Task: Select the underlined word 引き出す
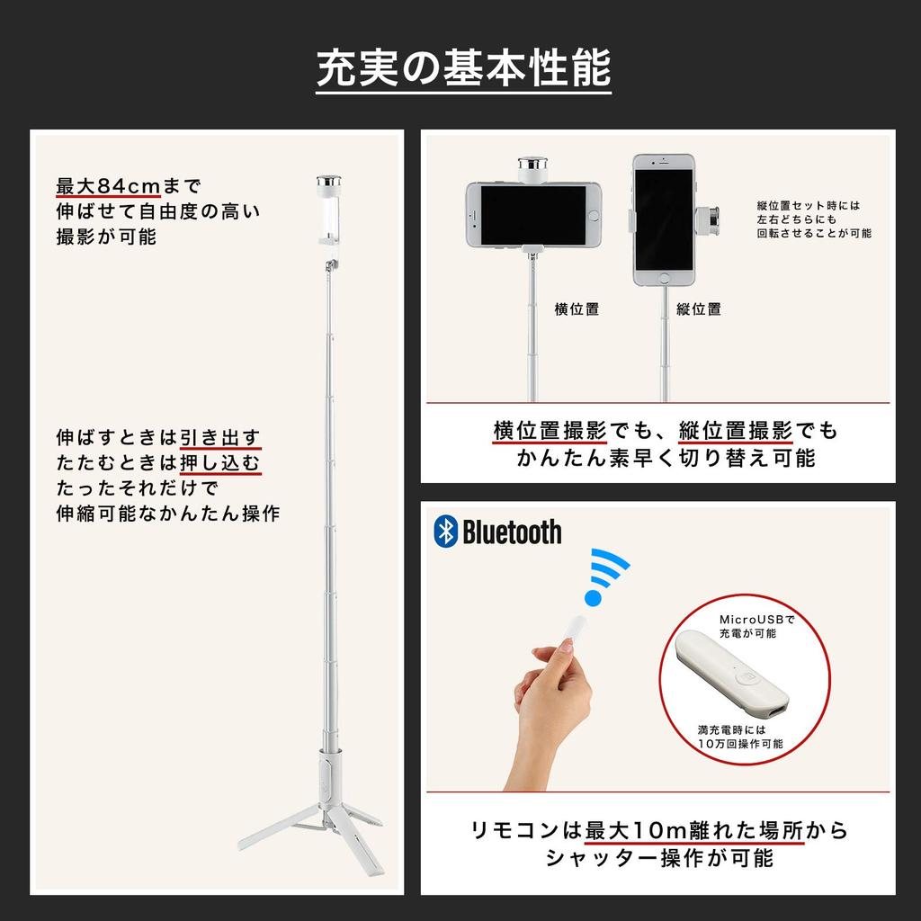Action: [x=220, y=438]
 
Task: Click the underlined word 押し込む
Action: [x=220, y=463]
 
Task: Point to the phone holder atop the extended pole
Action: [x=329, y=209]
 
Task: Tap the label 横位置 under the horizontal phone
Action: [x=577, y=309]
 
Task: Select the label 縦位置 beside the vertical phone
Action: [x=699, y=309]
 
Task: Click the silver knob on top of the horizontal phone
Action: [x=532, y=167]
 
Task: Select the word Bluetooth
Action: [x=512, y=532]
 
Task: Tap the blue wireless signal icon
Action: [x=608, y=577]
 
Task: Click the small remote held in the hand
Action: [x=567, y=628]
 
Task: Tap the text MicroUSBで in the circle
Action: [x=757, y=619]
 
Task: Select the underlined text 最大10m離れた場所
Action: [x=693, y=829]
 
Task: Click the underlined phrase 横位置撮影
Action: [x=550, y=431]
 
